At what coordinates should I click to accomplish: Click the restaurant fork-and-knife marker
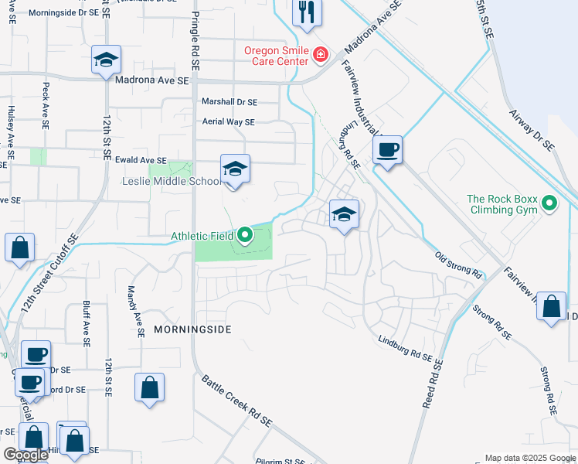click(x=308, y=12)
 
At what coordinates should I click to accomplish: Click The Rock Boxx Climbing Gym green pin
click(x=549, y=203)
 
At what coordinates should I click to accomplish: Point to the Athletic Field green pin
click(x=245, y=234)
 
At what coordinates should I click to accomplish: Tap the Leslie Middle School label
click(x=172, y=182)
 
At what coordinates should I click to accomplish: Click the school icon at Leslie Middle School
click(x=235, y=170)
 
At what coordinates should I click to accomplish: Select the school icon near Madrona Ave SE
click(x=105, y=60)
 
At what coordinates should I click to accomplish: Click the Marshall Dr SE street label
click(x=229, y=102)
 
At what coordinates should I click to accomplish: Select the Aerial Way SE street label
click(x=227, y=122)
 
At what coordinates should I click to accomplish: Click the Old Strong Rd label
click(x=458, y=265)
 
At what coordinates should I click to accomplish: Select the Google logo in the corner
click(x=25, y=455)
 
